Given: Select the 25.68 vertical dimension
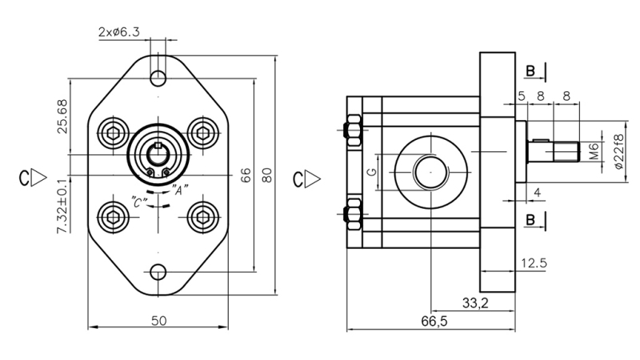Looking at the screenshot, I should pos(62,116).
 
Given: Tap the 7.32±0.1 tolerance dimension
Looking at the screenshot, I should pos(62,206).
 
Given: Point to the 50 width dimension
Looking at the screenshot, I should pos(158,320).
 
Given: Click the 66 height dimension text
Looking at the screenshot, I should pos(246,175).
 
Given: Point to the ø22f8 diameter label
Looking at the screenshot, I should pos(617,150).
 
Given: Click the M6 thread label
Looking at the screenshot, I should pos(594,150).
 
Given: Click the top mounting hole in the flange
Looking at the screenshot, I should pos(158,78).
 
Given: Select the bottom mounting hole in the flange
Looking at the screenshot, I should pos(158,272).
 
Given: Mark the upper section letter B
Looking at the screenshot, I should pos(531,73).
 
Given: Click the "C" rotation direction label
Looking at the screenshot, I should pos(138,202).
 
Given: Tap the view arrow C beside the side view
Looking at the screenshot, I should pos(303,176).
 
